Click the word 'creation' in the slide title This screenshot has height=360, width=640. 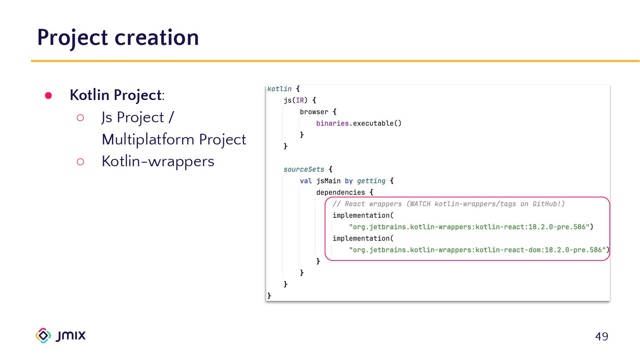point(156,37)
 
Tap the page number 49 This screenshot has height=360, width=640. point(601,336)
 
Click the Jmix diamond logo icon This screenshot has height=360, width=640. point(44,336)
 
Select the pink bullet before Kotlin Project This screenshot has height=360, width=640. point(48,96)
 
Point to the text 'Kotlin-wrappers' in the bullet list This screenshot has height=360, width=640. point(158,161)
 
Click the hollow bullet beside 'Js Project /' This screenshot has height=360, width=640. point(80,118)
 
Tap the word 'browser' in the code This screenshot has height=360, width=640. point(314,112)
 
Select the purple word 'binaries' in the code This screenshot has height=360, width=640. point(332,124)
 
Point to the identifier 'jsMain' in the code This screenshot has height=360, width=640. point(328,181)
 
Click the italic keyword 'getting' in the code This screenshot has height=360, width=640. point(371,181)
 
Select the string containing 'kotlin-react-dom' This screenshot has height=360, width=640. point(479,250)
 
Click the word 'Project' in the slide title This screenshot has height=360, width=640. point(72,37)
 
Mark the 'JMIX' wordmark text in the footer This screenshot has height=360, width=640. point(71,336)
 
